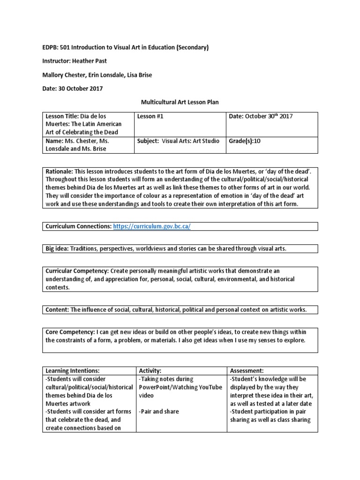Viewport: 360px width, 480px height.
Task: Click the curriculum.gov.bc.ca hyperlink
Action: click(x=152, y=226)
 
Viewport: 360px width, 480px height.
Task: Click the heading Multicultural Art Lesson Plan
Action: click(x=180, y=102)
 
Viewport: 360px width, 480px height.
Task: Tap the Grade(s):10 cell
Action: click(x=244, y=141)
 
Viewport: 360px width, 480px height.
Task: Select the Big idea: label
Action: click(x=57, y=248)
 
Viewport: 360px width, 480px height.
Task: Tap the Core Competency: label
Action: click(x=71, y=332)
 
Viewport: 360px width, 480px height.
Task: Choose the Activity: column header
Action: click(x=150, y=370)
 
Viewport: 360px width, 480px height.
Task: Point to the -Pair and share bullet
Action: click(x=159, y=412)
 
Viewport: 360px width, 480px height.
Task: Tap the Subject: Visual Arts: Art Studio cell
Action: click(x=178, y=141)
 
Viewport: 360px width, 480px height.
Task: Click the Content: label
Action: click(x=57, y=309)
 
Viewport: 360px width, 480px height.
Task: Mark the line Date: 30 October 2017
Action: click(x=74, y=88)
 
